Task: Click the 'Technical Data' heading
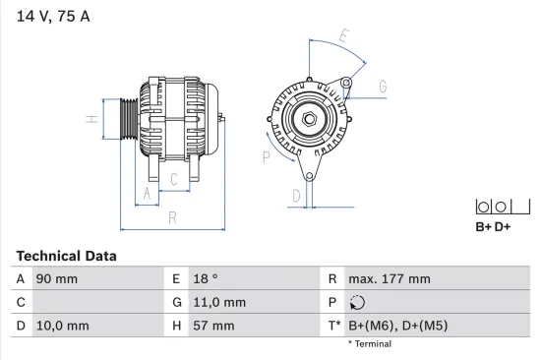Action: [66, 256]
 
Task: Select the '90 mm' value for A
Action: [57, 278]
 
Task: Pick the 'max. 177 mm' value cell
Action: [390, 278]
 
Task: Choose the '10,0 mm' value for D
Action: [62, 326]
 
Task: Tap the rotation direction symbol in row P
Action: [357, 302]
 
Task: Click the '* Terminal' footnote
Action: [369, 344]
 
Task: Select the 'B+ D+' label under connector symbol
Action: [493, 227]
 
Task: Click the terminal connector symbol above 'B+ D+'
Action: [493, 207]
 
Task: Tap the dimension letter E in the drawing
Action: [343, 37]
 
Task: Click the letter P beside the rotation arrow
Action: [266, 154]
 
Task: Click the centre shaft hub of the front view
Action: [309, 119]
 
